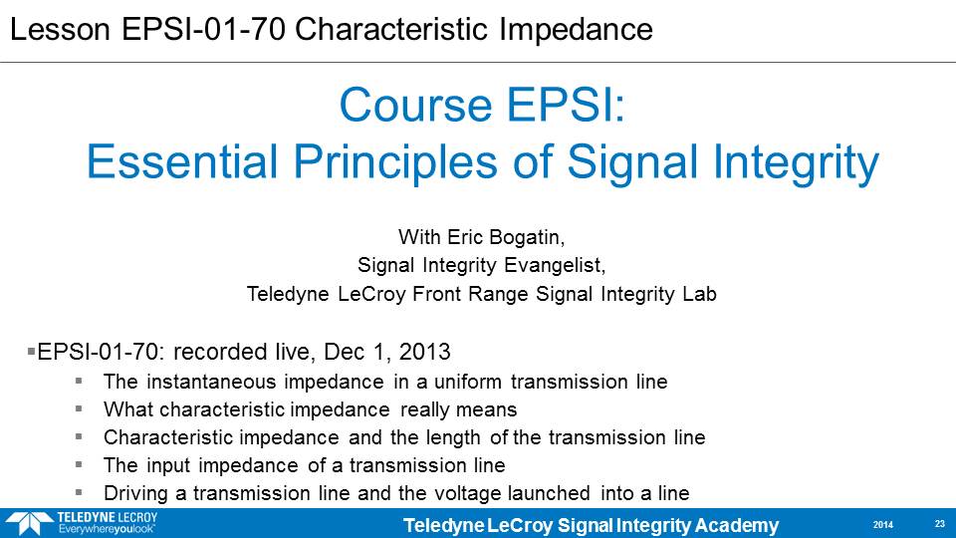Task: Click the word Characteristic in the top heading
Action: click(391, 29)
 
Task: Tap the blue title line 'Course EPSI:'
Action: click(482, 105)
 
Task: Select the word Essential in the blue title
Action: click(182, 161)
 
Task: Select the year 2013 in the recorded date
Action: click(424, 352)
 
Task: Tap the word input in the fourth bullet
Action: click(164, 466)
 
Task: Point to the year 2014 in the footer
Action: click(883, 525)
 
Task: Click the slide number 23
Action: click(939, 524)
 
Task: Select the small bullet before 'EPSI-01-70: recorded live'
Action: click(31, 352)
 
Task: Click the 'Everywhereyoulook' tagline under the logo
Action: click(107, 529)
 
